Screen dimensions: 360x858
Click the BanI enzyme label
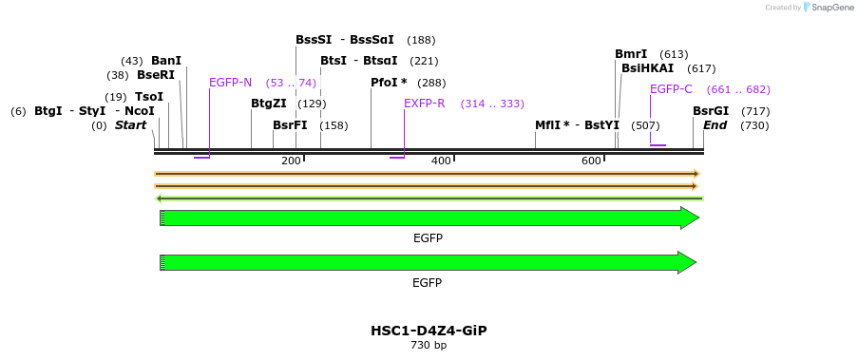166,61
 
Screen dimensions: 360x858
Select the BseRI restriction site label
156,75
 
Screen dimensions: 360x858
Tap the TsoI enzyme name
149,97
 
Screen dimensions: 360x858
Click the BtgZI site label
269,104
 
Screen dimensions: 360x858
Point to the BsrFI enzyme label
290,125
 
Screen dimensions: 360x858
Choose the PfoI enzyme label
389,83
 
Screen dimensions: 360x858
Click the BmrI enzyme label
631,54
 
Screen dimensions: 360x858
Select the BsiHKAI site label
647,68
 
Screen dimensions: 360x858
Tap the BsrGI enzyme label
711,111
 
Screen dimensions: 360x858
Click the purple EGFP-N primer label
230,83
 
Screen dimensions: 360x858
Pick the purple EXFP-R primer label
425,104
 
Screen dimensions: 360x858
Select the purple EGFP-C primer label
671,89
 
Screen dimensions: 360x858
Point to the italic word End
715,125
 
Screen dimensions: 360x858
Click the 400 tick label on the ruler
441,161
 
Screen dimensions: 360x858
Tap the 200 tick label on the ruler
291,161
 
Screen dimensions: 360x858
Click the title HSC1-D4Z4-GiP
429,331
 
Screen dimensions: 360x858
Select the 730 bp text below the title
429,346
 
